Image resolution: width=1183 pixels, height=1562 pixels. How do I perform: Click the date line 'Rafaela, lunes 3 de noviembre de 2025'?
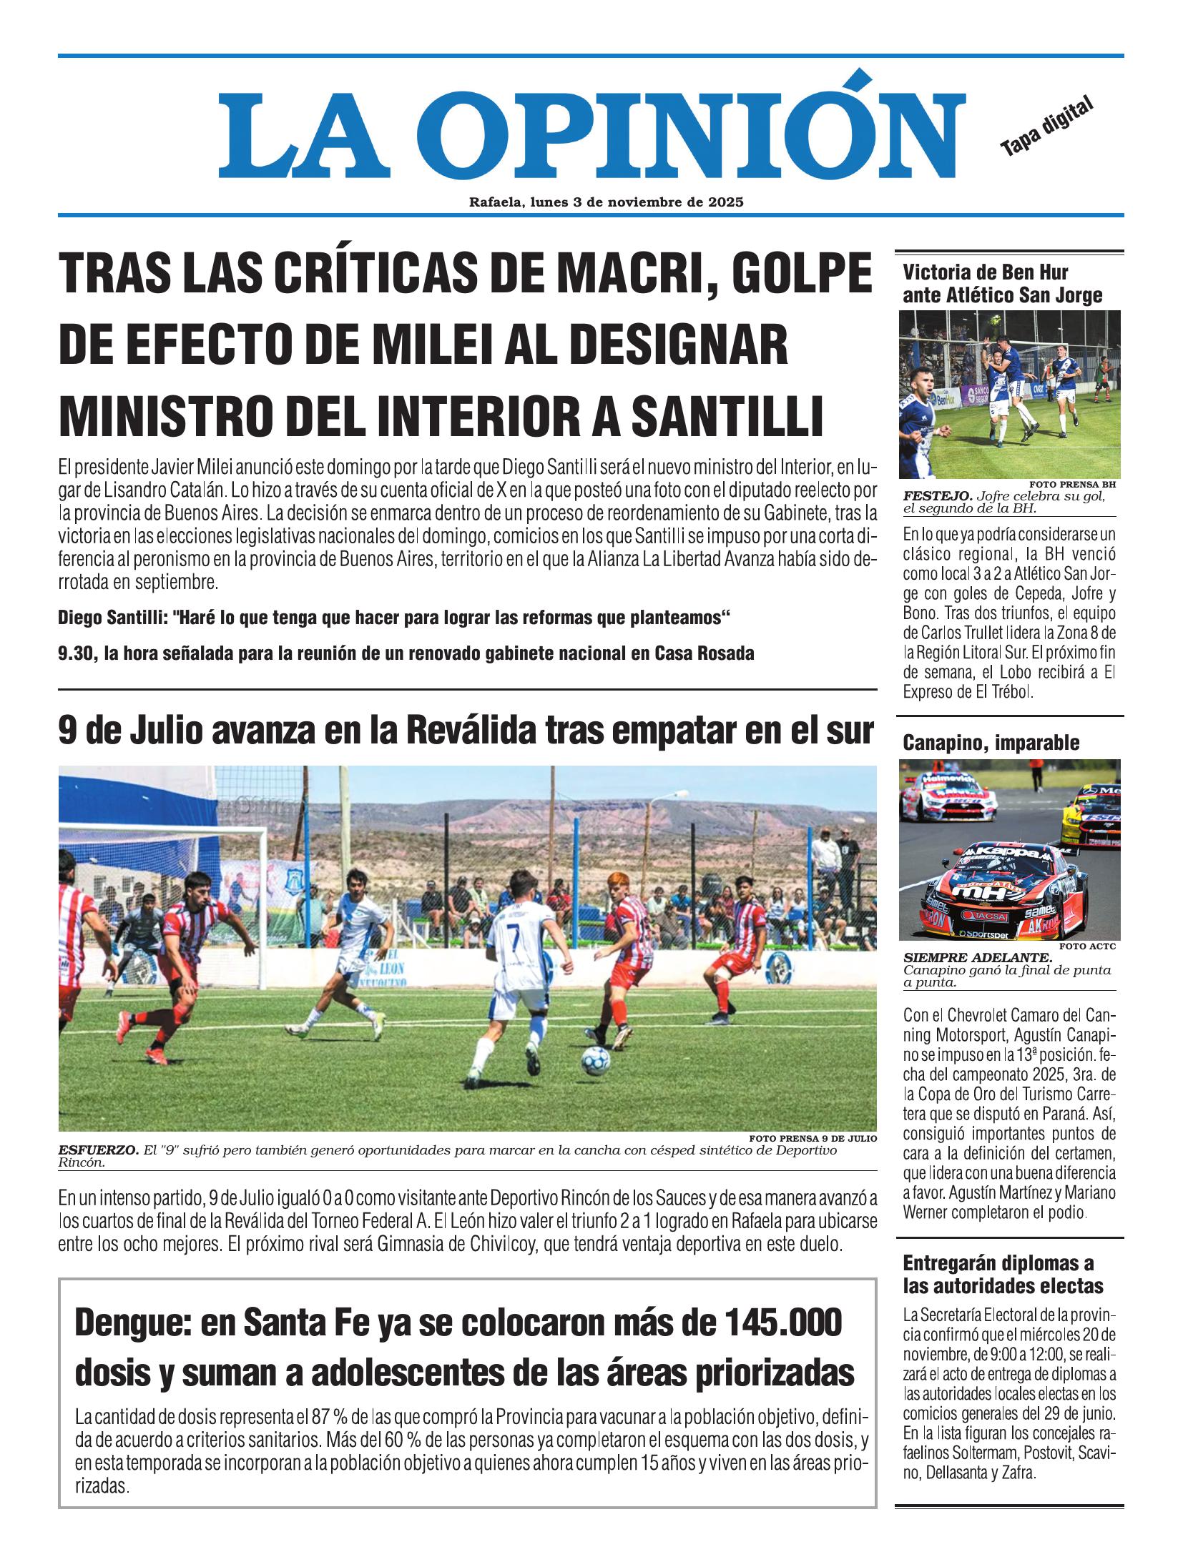click(606, 202)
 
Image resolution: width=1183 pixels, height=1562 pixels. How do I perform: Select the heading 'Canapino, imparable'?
click(991, 743)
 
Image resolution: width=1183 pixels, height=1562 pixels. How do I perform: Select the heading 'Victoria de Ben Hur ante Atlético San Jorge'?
click(1002, 284)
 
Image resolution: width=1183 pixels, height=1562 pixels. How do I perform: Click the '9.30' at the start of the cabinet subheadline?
click(77, 653)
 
